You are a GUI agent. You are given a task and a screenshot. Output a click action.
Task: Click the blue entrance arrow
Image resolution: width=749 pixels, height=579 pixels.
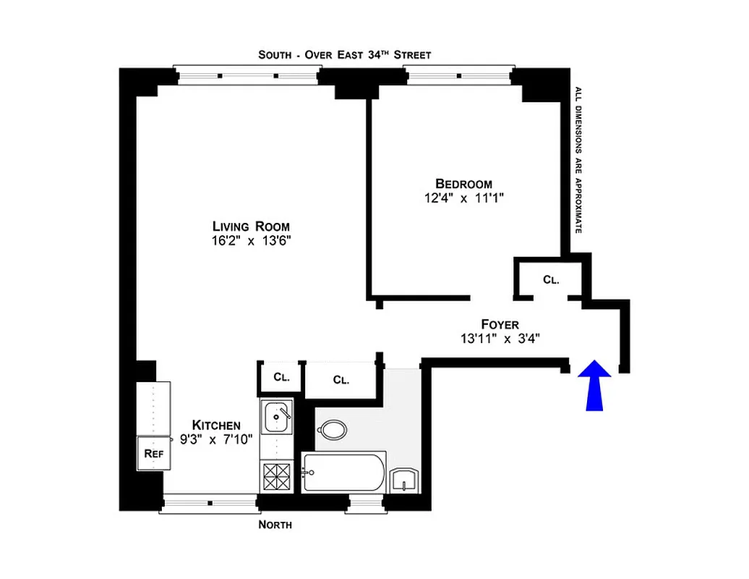point(594,385)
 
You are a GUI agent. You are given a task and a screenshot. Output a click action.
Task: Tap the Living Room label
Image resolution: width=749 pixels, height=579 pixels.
point(251,227)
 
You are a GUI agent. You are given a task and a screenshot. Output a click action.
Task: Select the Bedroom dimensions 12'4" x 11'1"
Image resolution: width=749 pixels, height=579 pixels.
point(463,198)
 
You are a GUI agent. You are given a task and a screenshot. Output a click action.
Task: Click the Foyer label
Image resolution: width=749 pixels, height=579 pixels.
point(500,324)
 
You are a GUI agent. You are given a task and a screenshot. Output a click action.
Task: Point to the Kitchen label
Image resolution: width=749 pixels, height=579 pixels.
point(215,425)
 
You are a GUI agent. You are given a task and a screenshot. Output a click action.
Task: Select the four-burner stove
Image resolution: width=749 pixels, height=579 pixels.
point(277,476)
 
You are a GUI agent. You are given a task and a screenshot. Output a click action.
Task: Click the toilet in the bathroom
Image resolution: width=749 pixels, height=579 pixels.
point(333,430)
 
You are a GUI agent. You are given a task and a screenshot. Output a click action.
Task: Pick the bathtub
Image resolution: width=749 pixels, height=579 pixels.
point(344,472)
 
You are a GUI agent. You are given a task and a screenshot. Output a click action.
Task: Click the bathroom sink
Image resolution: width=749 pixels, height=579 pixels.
point(403,479)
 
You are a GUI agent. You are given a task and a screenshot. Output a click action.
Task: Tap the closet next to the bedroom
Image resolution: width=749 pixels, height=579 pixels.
point(550,279)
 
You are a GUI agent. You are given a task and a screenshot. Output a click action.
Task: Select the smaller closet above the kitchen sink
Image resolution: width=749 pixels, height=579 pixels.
point(281,378)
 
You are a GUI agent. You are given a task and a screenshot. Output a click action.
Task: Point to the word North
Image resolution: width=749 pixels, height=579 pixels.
point(275,525)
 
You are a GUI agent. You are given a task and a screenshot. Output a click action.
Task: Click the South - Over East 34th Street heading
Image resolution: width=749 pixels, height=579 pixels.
point(345,55)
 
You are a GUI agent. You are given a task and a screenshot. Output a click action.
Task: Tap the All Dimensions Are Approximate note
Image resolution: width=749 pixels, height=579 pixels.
point(578,159)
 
